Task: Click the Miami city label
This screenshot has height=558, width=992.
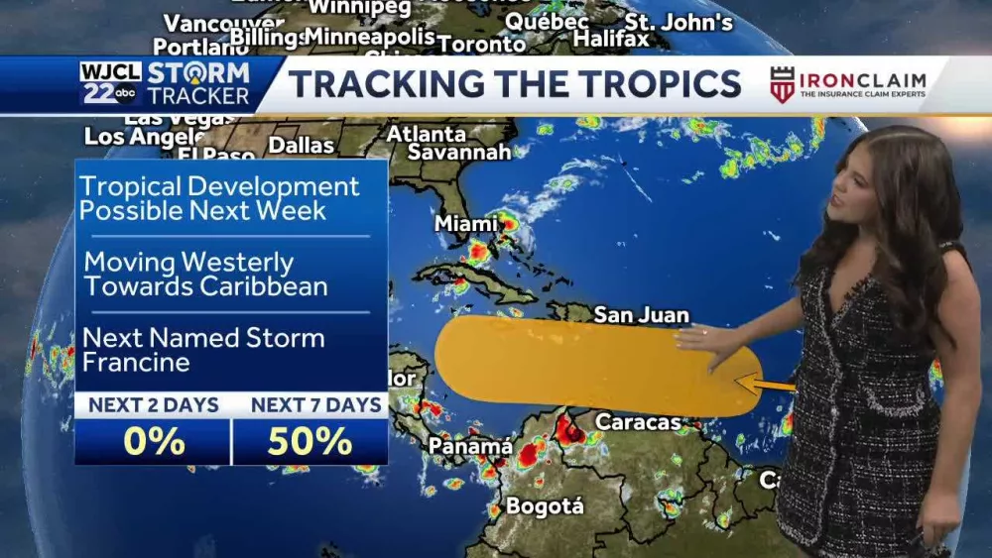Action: (465, 225)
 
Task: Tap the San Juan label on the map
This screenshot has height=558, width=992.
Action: (641, 315)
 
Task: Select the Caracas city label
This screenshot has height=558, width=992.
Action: (638, 422)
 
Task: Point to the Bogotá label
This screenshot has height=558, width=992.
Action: (545, 506)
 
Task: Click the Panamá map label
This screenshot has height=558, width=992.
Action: (469, 447)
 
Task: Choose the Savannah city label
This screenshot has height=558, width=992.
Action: (459, 153)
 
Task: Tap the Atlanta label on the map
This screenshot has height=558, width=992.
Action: (427, 133)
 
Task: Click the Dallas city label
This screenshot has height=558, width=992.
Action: (301, 145)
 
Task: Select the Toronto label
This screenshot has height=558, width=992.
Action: (481, 45)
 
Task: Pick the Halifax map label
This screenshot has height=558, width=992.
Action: (611, 40)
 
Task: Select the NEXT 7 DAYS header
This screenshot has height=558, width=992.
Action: (315, 404)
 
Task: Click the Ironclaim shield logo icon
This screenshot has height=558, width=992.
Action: (782, 85)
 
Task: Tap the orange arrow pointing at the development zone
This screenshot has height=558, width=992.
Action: (764, 384)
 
